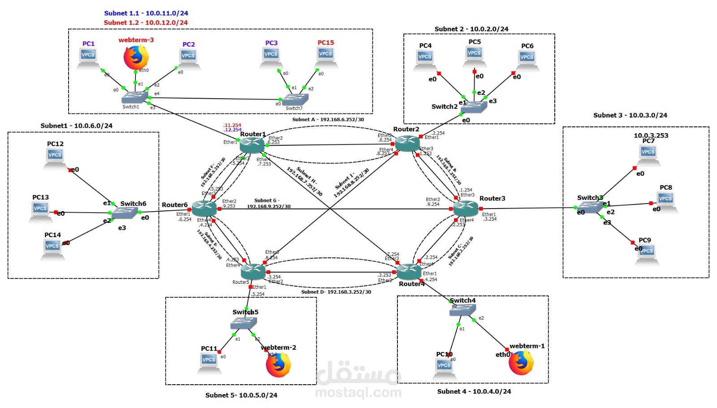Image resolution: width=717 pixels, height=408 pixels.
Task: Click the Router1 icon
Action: [x=252, y=145]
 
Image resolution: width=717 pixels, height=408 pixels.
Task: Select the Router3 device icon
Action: [x=466, y=208]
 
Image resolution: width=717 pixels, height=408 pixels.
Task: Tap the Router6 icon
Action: [x=204, y=208]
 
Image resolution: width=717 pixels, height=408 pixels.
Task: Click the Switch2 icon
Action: [x=474, y=107]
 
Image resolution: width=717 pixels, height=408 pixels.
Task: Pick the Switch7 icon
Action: [x=295, y=99]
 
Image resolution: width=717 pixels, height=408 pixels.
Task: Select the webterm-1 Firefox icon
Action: [x=521, y=362]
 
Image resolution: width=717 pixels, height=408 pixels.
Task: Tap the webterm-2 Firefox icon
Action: [x=278, y=365]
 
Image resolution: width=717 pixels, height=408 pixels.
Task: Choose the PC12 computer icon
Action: [x=55, y=158]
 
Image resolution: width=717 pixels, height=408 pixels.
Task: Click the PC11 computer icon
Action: [x=209, y=363]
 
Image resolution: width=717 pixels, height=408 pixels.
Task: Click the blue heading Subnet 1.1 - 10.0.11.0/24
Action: [x=146, y=13]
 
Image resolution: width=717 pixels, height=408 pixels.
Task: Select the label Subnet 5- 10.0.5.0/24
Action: [x=241, y=395]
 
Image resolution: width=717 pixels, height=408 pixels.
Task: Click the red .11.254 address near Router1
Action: [x=233, y=125]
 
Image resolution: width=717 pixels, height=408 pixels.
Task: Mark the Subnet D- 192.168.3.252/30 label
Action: [x=336, y=292]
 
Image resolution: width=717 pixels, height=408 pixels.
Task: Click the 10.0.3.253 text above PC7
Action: [x=651, y=135]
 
